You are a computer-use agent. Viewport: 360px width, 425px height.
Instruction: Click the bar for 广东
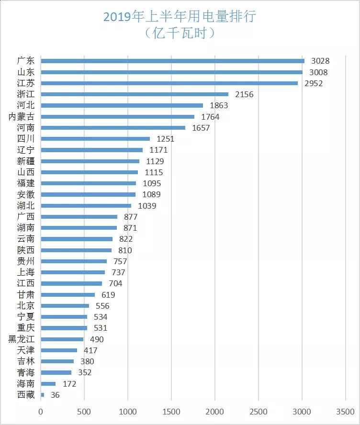(172, 61)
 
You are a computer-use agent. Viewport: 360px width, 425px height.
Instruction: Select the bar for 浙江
(135, 94)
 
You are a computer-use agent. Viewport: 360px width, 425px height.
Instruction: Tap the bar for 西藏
(43, 395)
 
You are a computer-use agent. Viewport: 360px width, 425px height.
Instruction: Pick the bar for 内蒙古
(117, 116)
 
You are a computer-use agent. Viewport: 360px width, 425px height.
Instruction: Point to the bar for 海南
(48, 384)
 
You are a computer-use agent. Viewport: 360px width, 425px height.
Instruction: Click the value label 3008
(318, 72)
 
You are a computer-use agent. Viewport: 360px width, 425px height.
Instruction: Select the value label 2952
(314, 83)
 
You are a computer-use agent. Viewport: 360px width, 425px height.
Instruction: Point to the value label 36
(55, 395)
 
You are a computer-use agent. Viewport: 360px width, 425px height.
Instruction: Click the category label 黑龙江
(22, 339)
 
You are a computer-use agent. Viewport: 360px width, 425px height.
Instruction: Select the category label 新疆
(26, 161)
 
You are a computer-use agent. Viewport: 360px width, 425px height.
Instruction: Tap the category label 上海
(26, 272)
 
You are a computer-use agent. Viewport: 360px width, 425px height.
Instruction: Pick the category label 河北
(26, 105)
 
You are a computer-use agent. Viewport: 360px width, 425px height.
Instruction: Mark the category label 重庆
(26, 328)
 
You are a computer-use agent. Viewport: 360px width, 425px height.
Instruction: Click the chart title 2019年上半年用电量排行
(180, 17)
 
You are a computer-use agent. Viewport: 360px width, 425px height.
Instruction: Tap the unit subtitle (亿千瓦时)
(180, 33)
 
